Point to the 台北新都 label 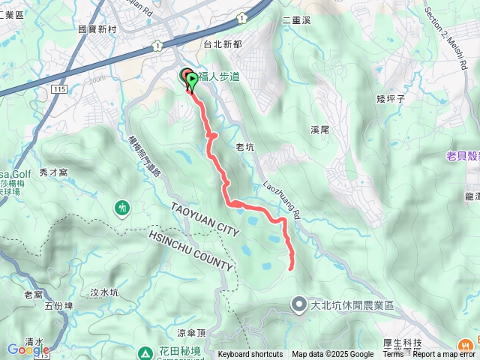point(223,44)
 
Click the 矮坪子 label point(391,98)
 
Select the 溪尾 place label point(320,130)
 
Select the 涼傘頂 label point(191,332)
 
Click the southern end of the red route point(289,267)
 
